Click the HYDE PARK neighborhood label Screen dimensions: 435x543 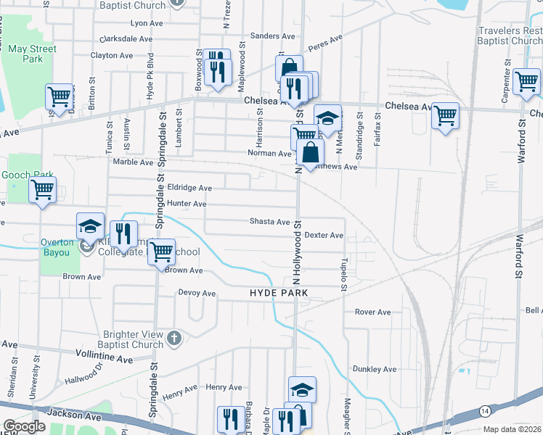[x=279, y=293]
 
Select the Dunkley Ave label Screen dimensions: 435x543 [x=375, y=369]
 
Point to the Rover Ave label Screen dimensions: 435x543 [x=372, y=312]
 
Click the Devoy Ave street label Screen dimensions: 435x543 [x=197, y=294]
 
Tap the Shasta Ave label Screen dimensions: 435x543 [x=269, y=221]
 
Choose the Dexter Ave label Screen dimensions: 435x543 [x=324, y=236]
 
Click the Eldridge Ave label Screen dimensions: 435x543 [x=189, y=188]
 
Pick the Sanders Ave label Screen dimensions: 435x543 [x=272, y=36]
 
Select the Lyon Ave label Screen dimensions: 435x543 [x=146, y=23]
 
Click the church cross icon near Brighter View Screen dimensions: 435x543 [x=173, y=338]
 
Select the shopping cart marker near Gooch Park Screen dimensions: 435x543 [x=43, y=190]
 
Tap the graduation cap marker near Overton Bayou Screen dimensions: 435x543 [x=91, y=226]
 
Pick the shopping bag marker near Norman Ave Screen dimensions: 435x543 [x=310, y=153]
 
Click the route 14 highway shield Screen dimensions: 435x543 [x=483, y=411]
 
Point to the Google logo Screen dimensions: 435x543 [x=24, y=426]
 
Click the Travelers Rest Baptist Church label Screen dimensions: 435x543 [x=510, y=36]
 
